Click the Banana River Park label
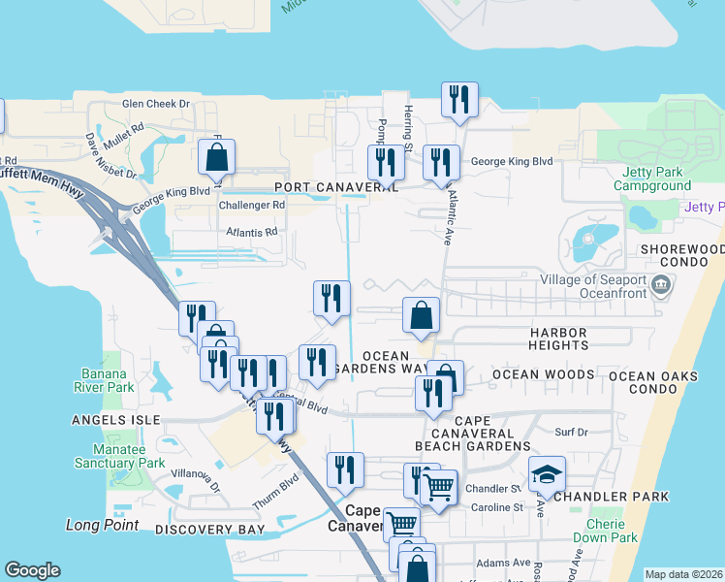[x=114, y=381]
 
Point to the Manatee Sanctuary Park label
[x=115, y=456]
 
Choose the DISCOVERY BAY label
[x=209, y=530]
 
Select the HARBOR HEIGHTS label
[x=558, y=339]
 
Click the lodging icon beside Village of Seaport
[x=662, y=283]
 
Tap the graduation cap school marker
[x=547, y=474]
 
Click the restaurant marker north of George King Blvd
[x=458, y=99]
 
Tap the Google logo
[x=32, y=570]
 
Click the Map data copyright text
[x=682, y=574]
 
